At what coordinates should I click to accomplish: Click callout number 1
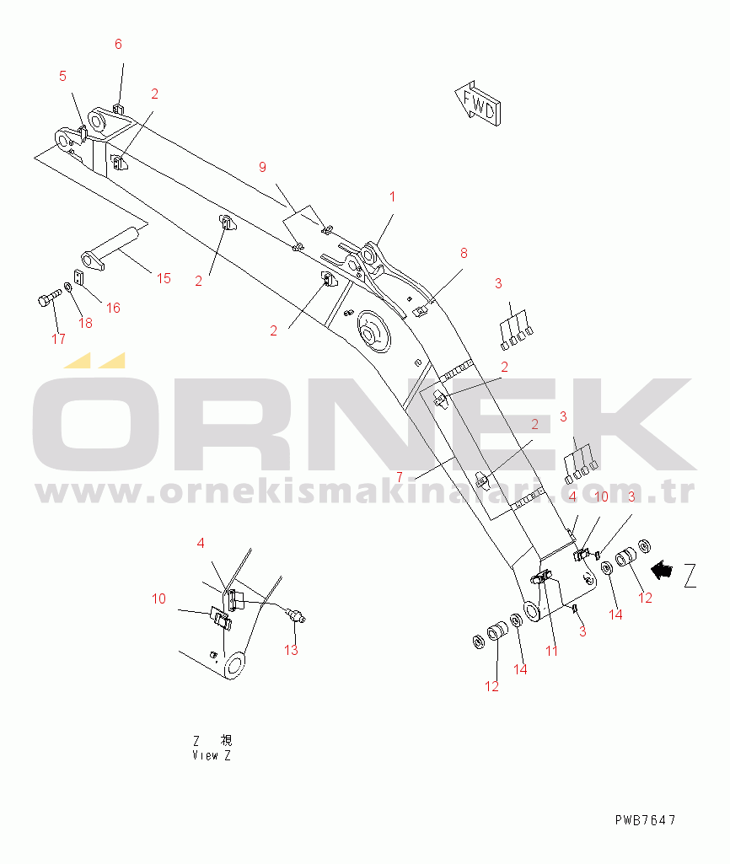pos(391,196)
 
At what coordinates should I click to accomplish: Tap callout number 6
pos(118,44)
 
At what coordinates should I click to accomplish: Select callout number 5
pos(62,76)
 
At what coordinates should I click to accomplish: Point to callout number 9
pos(262,167)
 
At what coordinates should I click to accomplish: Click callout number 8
pos(463,253)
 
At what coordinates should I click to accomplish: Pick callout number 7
pos(400,476)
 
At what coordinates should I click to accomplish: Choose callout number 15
pos(164,278)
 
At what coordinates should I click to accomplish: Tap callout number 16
pos(113,308)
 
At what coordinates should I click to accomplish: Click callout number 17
pos(58,339)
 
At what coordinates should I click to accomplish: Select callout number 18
pos(85,323)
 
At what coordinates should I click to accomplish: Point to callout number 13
pos(291,650)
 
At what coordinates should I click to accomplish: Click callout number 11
pos(551,651)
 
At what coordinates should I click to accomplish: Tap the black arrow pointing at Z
pos(663,571)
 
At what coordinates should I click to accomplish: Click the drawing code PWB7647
pos(645,819)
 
